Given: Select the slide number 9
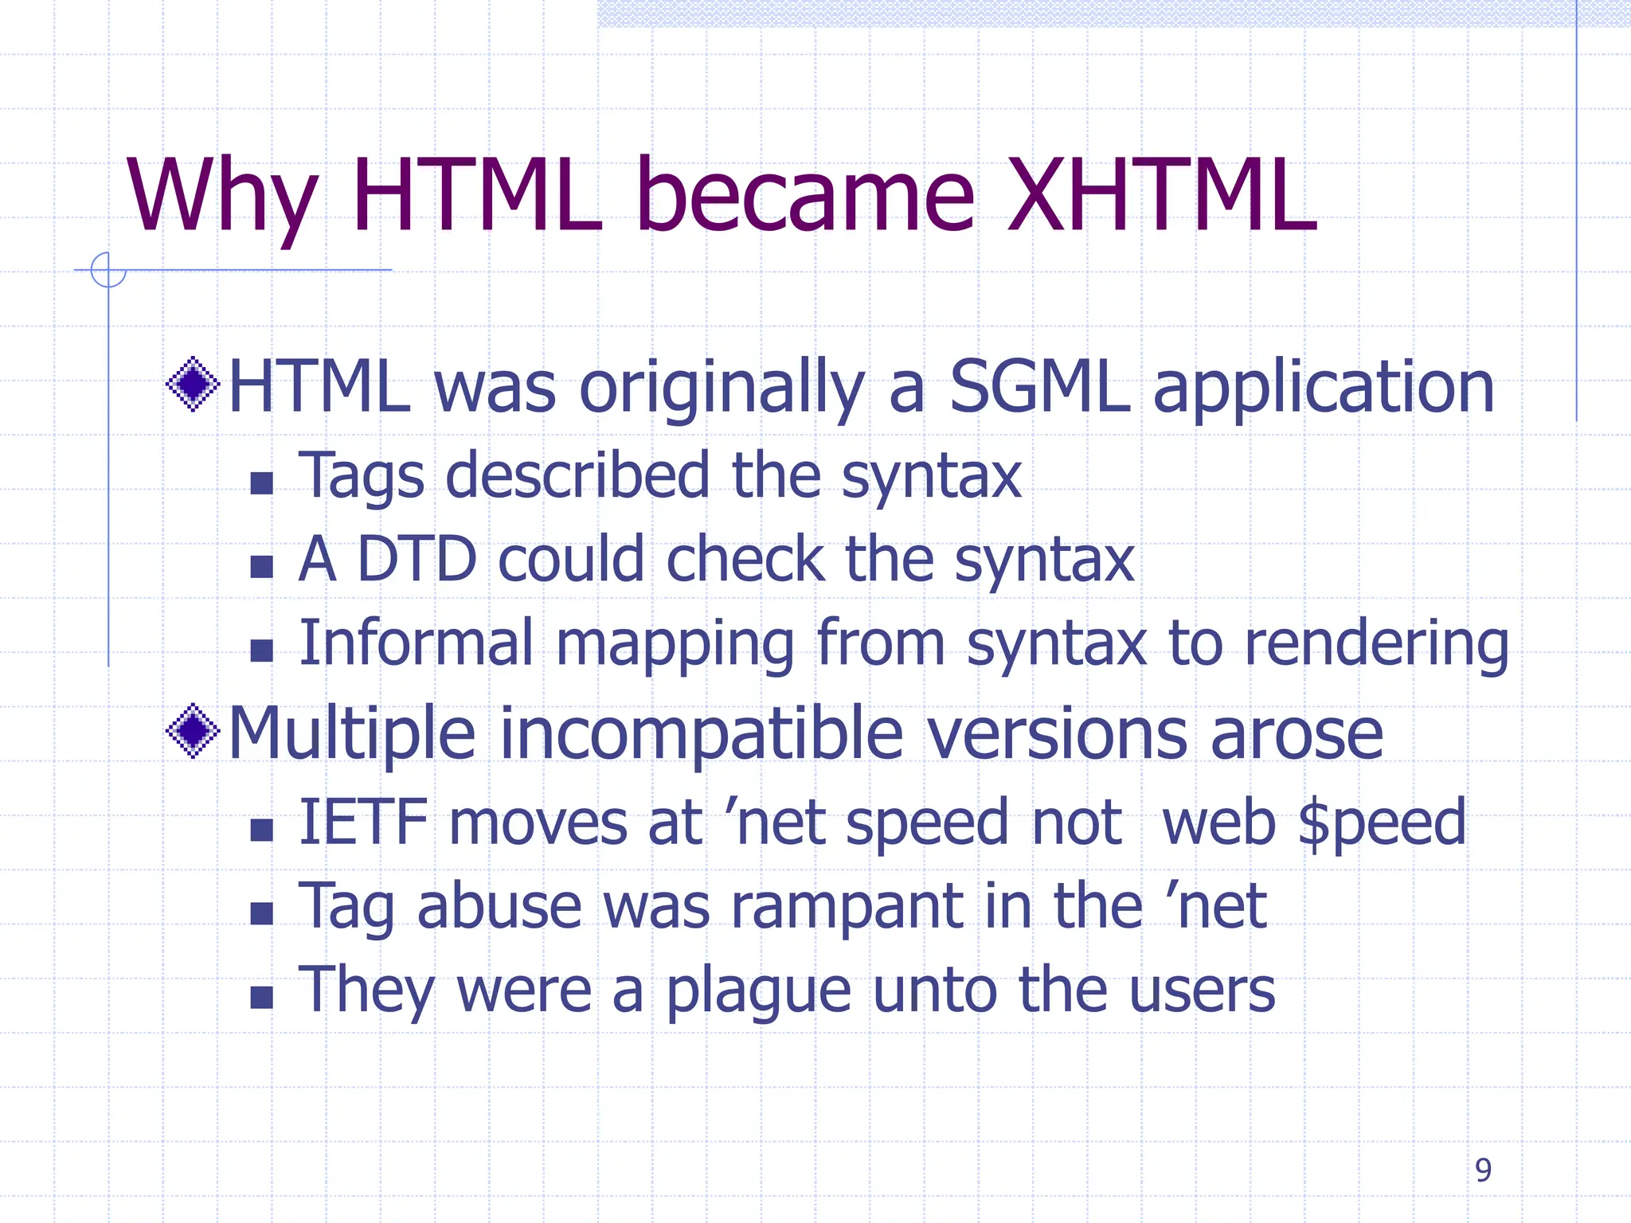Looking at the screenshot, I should (1483, 1170).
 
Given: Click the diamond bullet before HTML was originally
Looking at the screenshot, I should (193, 385).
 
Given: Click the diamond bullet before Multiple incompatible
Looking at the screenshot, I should (193, 731).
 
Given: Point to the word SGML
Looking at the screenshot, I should (1039, 387).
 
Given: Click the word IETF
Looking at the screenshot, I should (363, 822).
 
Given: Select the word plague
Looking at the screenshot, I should (758, 992).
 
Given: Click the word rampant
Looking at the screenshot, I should (847, 908).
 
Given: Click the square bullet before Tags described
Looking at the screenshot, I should (261, 483).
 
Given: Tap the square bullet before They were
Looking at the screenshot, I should (261, 997).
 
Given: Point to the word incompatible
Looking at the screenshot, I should (701, 734).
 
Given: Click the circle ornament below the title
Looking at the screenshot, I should (108, 269).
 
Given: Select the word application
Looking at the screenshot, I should (1324, 389).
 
